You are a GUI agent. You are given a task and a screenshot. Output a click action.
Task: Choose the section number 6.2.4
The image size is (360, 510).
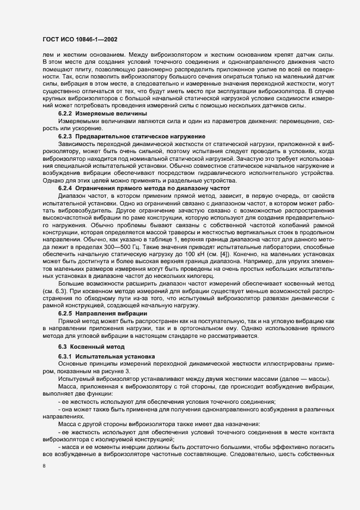(x=65, y=203)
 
